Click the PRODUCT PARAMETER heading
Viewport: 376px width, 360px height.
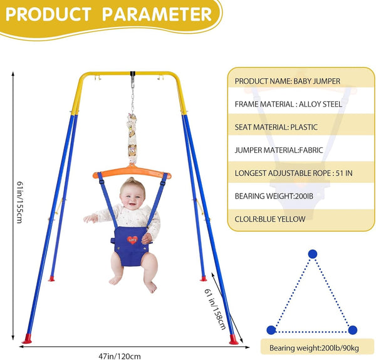pos(108,14)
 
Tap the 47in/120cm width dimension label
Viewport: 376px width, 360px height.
pos(120,356)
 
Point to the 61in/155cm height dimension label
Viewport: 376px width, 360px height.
pos(19,202)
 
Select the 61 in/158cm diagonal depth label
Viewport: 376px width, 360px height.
pos(215,309)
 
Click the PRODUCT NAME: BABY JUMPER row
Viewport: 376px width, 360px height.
pos(287,81)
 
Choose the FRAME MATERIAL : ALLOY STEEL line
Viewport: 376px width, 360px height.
pos(288,104)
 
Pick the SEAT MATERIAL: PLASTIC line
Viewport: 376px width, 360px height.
pos(276,127)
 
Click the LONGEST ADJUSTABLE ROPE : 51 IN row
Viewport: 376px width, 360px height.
pos(293,173)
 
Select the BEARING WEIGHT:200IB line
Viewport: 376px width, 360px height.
pos(274,196)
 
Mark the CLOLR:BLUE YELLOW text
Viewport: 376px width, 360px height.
pos(270,219)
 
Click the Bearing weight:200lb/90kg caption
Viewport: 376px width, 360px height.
pos(314,347)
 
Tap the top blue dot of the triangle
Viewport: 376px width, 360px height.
pos(313,254)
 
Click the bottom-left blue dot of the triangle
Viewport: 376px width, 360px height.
pos(271,330)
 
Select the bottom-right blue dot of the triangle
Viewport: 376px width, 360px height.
pos(352,330)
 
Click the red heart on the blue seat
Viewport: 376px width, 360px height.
pos(132,240)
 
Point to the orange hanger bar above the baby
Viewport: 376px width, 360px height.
pos(132,172)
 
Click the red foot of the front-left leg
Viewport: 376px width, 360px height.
pos(27,339)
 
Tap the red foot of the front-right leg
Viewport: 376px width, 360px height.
pos(233,340)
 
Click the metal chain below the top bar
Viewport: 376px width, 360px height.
pos(132,101)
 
